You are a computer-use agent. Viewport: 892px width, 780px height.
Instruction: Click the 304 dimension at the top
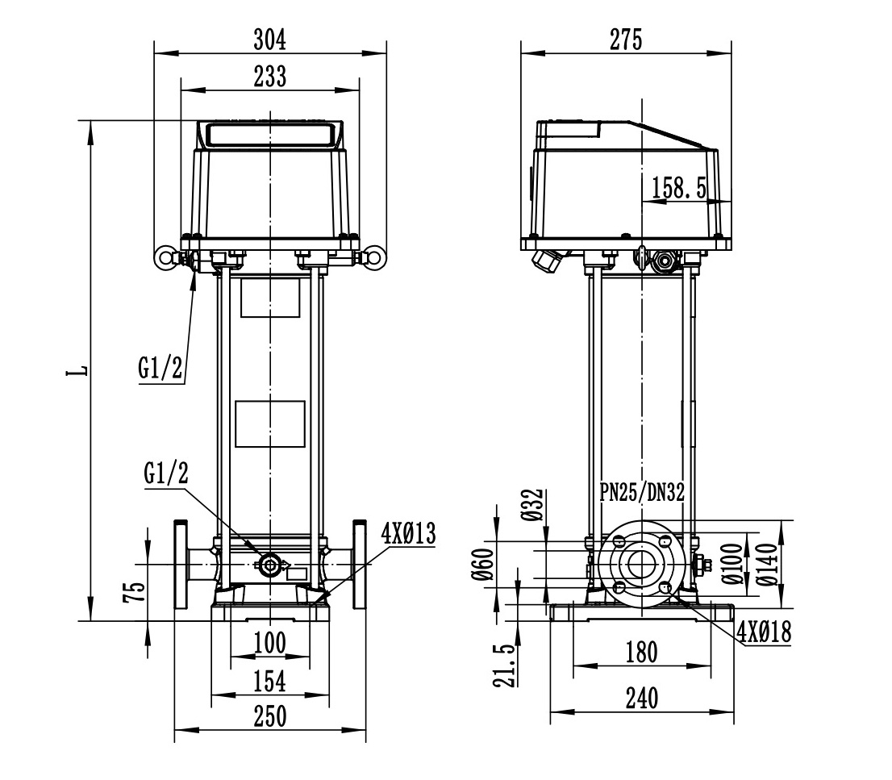click(x=269, y=40)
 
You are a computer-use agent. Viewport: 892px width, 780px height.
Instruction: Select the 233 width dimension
click(x=269, y=77)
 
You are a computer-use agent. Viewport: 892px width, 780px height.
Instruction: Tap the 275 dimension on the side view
click(x=626, y=40)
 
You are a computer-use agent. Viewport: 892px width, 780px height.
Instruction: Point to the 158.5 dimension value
click(x=678, y=188)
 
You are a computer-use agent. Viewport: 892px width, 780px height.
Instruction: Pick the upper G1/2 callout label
click(x=160, y=368)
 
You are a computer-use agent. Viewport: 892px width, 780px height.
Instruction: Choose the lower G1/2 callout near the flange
click(x=166, y=473)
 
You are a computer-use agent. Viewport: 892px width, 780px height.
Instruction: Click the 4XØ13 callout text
click(x=408, y=534)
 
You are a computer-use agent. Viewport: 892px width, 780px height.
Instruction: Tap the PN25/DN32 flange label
click(x=642, y=492)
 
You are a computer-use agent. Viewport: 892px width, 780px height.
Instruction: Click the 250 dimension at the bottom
click(x=269, y=717)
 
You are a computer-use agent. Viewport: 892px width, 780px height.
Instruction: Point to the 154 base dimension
click(x=269, y=682)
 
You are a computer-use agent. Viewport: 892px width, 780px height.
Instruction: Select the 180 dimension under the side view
click(x=642, y=652)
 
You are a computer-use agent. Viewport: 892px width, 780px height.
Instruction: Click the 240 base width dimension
click(x=642, y=699)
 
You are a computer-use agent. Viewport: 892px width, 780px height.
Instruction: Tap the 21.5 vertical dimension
click(x=505, y=665)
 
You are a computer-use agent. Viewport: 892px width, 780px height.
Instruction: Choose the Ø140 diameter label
click(x=768, y=565)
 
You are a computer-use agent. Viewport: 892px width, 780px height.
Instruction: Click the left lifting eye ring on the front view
click(x=165, y=258)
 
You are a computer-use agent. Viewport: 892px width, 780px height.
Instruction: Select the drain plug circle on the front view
click(x=269, y=565)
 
